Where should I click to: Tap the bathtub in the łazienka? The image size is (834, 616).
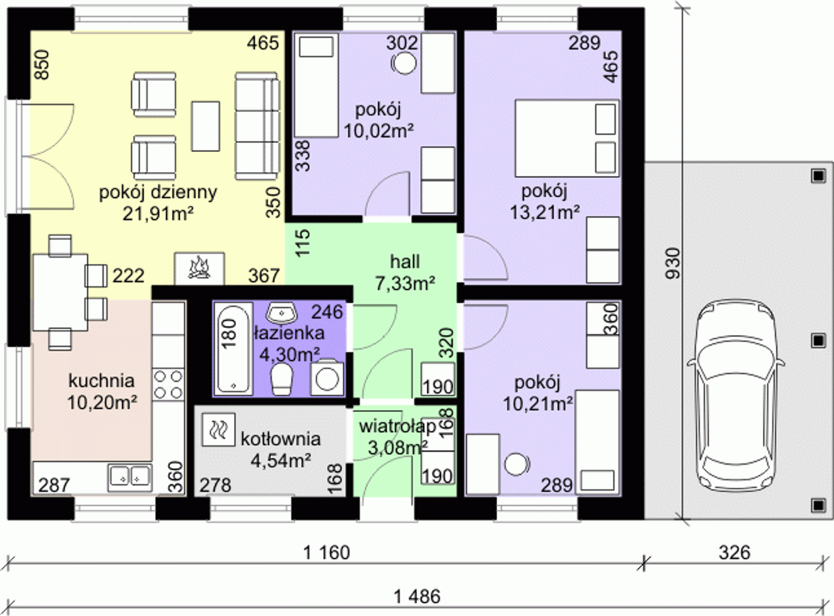coord(233,348)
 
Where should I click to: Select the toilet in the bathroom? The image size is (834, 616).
coord(281,379)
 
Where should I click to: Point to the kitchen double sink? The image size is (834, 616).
coord(130,477)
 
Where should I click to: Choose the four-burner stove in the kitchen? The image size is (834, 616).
coord(169,384)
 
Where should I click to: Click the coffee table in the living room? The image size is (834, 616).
coord(205,126)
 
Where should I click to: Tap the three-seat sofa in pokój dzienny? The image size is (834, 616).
coord(257,126)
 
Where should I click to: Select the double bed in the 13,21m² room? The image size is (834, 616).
coord(567,138)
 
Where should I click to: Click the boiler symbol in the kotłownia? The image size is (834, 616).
coord(218,430)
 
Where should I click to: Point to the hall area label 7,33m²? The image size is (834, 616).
coord(405,284)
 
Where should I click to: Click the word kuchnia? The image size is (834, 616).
coord(102,381)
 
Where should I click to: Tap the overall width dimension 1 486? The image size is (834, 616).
coord(417,596)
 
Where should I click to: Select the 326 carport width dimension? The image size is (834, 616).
coord(734,553)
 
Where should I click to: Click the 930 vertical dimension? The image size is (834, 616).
coord(674,263)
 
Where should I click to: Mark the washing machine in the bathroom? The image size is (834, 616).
coord(326,378)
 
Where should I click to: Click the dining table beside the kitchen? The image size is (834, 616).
coord(61,293)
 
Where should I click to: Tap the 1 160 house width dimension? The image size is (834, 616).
coord(326,553)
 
